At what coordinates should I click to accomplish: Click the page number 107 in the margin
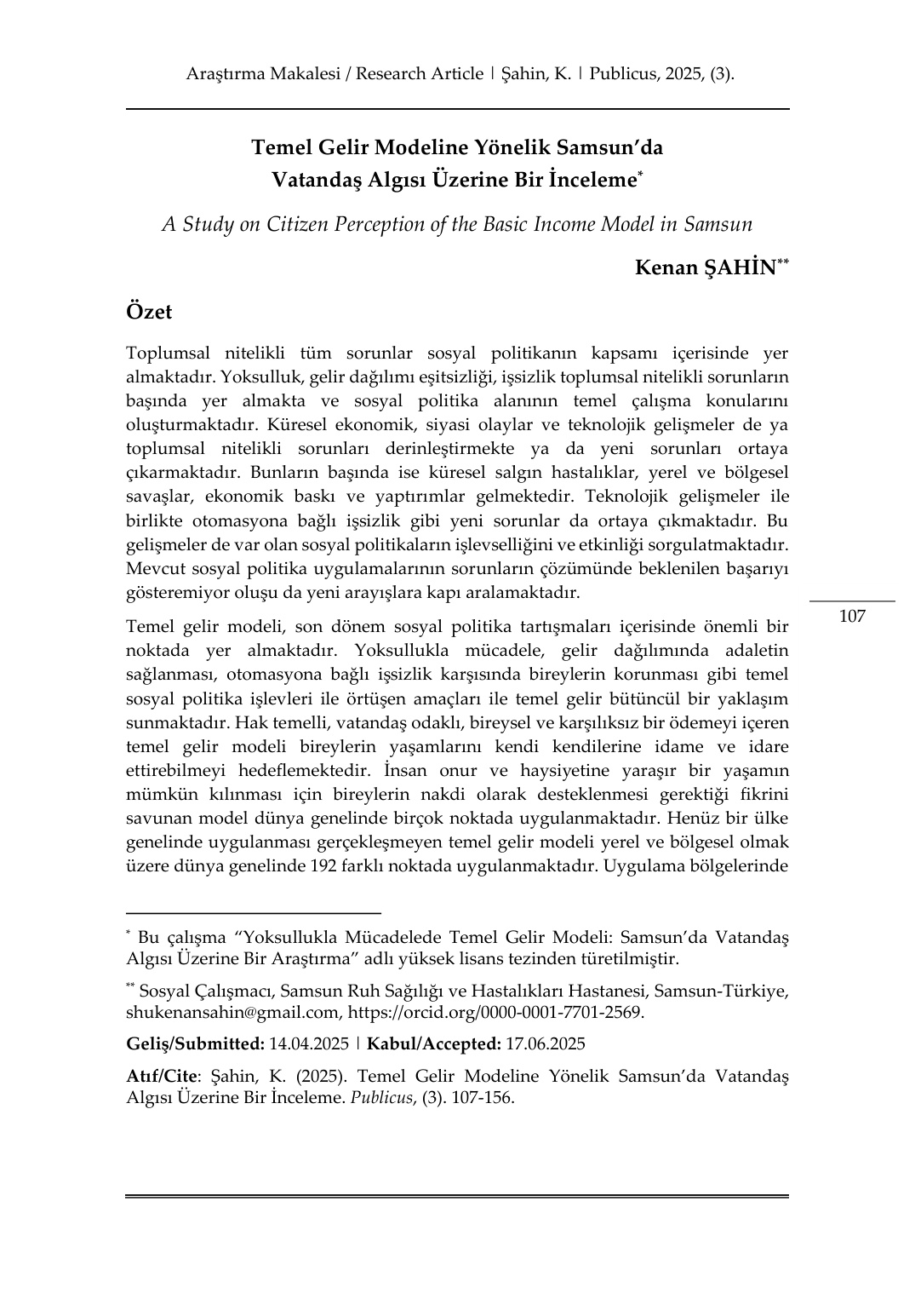tap(852, 616)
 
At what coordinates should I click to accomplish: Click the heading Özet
tap(149, 312)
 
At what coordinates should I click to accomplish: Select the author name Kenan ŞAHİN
tap(706, 267)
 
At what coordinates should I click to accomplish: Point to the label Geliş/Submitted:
tap(195, 1043)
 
